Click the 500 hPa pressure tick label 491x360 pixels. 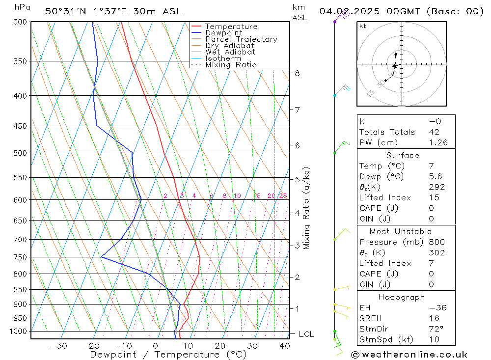pos(21,153)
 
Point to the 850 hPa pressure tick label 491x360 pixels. pos(21,290)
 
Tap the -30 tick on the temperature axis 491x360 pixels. pos(58,346)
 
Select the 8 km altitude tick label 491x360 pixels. pos(297,73)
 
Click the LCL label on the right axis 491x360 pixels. pos(306,334)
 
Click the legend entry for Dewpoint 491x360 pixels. pos(223,33)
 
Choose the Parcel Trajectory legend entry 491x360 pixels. pos(241,39)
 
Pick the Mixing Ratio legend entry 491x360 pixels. pos(231,64)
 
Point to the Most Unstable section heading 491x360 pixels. pos(401,231)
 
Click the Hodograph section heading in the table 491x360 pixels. pos(402,297)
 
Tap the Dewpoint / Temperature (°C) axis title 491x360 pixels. pos(168,355)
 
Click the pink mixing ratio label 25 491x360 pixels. pos(283,196)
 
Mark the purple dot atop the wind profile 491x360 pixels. pos(335,22)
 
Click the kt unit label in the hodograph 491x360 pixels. pos(362,26)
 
